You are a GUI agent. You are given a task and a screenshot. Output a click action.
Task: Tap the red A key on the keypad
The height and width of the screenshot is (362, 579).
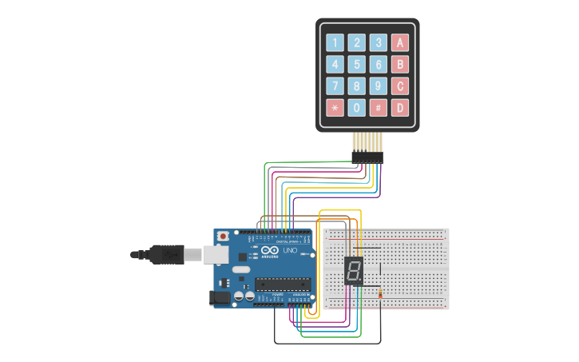(400, 42)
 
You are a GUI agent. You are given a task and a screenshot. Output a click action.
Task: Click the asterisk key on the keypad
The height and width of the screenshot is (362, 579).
(335, 107)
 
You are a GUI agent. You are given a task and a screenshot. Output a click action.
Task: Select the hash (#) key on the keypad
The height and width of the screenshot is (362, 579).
(379, 107)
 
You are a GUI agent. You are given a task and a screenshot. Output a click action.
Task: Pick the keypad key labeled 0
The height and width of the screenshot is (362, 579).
(357, 107)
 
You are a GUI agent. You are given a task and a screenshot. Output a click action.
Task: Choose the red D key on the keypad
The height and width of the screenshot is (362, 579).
(400, 107)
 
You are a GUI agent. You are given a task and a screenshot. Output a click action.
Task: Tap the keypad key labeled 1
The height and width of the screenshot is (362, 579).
(335, 42)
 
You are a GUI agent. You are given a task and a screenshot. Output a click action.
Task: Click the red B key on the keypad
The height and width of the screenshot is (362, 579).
(400, 64)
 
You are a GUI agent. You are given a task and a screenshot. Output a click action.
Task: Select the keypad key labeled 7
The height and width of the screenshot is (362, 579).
(335, 86)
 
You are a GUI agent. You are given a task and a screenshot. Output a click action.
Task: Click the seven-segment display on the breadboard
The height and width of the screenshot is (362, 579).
(354, 271)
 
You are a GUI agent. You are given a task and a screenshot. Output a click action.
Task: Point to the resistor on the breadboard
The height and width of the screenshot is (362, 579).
(380, 294)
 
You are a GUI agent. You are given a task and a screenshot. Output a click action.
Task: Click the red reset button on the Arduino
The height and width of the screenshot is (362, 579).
(223, 237)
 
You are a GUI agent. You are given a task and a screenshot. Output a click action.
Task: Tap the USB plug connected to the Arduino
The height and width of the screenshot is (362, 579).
(164, 254)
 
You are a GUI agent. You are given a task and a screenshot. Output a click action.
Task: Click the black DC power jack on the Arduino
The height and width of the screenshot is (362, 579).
(218, 297)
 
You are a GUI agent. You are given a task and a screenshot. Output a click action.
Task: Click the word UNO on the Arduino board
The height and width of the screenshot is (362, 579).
(290, 251)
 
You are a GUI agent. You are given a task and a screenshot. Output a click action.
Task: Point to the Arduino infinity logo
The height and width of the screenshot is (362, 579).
(268, 250)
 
